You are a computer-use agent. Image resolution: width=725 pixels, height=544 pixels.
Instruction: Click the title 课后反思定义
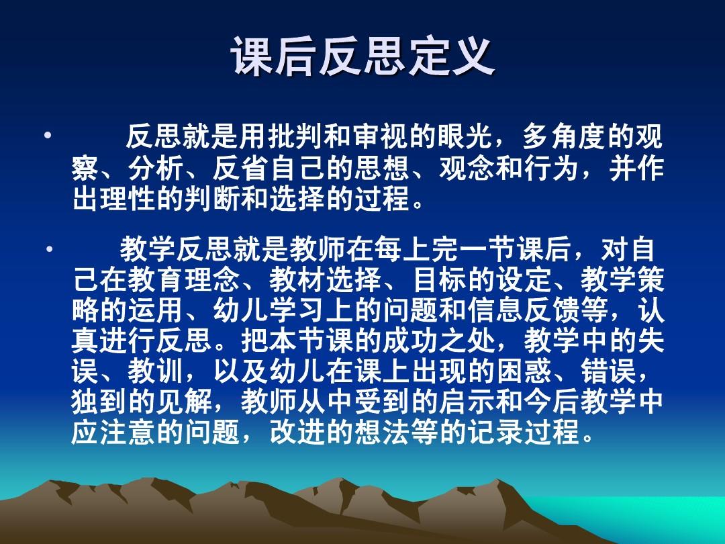pos(363,57)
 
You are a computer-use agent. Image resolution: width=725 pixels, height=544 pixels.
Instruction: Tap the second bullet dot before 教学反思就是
pos(49,249)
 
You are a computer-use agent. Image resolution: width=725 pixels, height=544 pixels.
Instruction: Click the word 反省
pos(241,169)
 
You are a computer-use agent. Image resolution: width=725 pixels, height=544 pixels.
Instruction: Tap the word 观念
pos(467,169)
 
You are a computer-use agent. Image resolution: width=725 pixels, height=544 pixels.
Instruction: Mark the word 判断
pos(213,199)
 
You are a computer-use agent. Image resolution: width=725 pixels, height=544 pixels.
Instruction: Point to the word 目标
pos(440,280)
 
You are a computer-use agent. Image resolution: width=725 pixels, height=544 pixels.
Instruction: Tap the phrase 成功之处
pos(439,341)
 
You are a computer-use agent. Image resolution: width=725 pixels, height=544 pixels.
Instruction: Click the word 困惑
pos(524,372)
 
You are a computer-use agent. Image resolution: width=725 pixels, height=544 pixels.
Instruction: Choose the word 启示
pos(467,402)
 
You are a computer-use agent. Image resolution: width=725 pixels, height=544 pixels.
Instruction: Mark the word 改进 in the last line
pos(297,433)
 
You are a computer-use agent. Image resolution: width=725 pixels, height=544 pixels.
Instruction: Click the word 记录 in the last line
pos(495,433)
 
